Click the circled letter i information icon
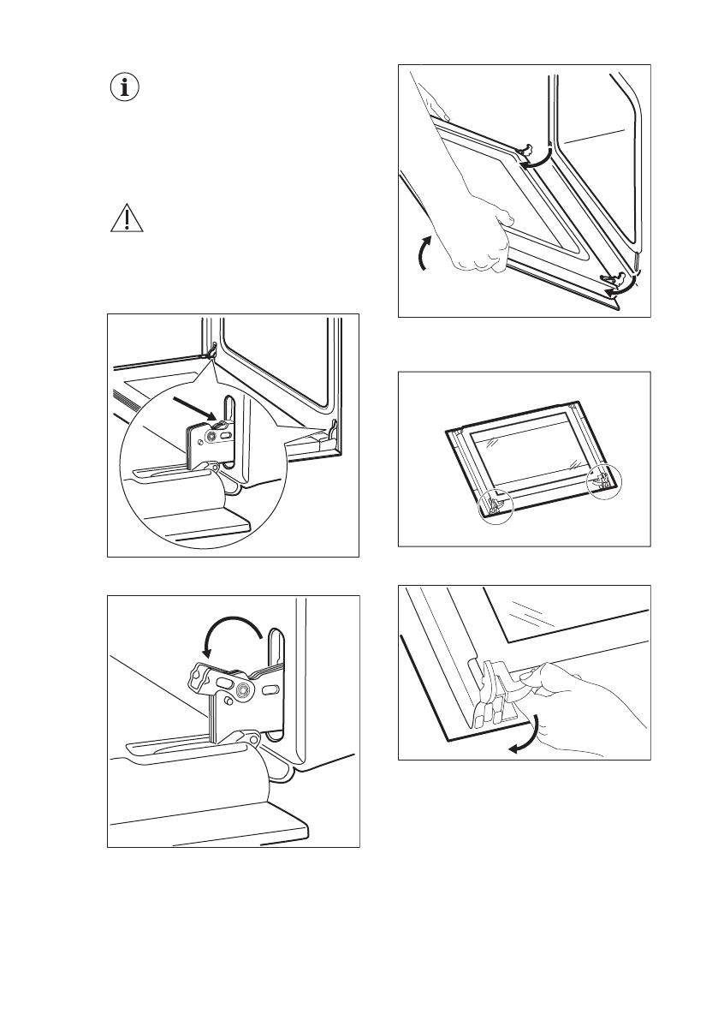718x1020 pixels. coord(127,87)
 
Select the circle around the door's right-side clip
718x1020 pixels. coord(604,482)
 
